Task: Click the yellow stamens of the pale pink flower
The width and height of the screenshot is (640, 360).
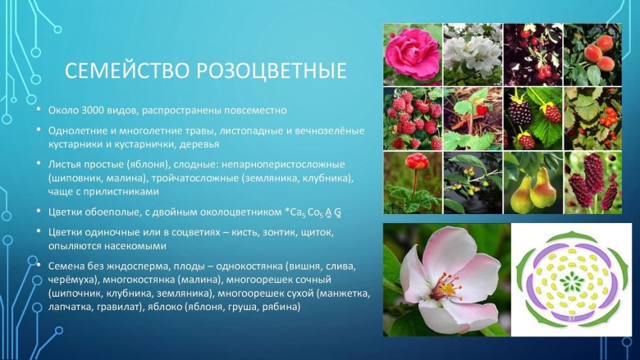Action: [446, 288]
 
